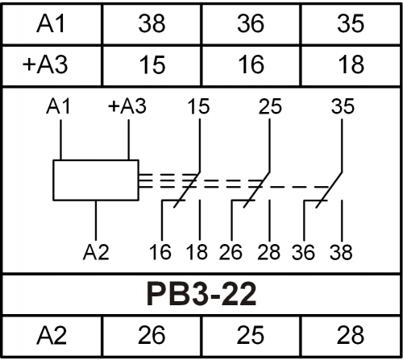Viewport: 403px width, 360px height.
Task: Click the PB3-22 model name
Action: click(x=201, y=294)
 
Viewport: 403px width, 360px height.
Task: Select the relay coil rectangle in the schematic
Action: click(x=96, y=160)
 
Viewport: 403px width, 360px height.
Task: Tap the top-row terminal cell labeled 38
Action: click(x=152, y=23)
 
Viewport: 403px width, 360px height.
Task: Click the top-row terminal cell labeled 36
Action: click(x=251, y=23)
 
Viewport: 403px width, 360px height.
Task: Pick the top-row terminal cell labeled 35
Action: click(x=351, y=23)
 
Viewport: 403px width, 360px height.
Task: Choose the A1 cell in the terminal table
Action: click(x=52, y=23)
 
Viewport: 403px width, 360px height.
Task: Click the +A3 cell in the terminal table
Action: click(x=52, y=65)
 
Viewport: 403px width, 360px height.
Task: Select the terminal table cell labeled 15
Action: click(x=152, y=65)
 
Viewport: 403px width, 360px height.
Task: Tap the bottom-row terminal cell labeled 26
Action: click(x=152, y=336)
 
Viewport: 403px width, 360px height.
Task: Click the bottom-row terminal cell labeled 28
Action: click(x=351, y=336)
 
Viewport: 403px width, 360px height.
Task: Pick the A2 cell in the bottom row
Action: click(x=52, y=336)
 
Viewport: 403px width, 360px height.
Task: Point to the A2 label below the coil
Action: click(x=96, y=252)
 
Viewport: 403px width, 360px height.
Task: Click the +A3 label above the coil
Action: click(x=127, y=106)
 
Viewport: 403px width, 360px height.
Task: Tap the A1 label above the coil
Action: click(x=58, y=106)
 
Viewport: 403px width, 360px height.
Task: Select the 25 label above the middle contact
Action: click(x=270, y=106)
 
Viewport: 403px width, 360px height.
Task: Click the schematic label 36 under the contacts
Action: click(x=303, y=252)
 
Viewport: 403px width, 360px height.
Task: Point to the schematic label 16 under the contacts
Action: click(x=160, y=252)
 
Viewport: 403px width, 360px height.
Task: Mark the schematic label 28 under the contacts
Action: click(x=269, y=252)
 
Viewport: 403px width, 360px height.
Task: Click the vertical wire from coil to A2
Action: click(x=96, y=220)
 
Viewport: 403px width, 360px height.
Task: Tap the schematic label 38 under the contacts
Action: click(x=341, y=252)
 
